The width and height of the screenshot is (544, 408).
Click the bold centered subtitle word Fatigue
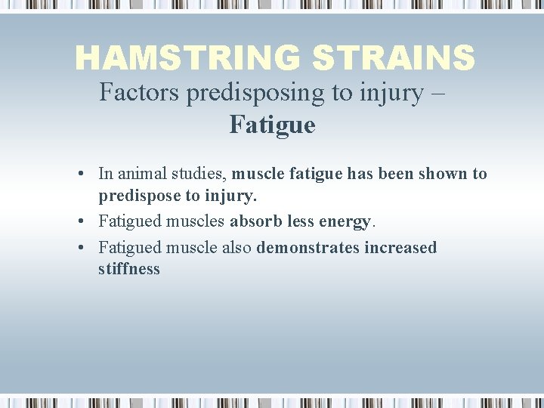point(272,125)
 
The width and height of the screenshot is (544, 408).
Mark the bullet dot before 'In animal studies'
point(80,175)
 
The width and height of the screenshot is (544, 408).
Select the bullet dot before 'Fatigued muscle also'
point(80,249)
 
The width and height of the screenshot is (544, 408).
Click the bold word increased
point(400,248)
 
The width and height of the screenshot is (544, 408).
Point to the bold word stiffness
point(128,269)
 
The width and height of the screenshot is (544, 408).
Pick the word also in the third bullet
point(237,248)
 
